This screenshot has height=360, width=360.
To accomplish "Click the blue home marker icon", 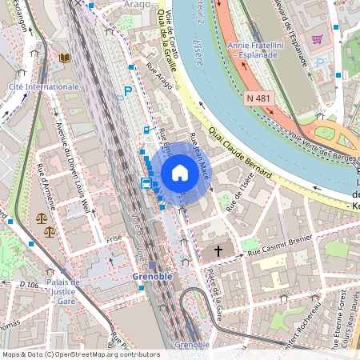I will [180, 172].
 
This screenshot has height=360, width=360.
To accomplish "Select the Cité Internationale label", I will [43, 86].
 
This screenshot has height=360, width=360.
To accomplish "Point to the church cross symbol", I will [218, 251].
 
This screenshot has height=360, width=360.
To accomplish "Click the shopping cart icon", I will [317, 38].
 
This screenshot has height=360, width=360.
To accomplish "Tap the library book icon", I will [64, 58].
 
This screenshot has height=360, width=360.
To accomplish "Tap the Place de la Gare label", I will [214, 295].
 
